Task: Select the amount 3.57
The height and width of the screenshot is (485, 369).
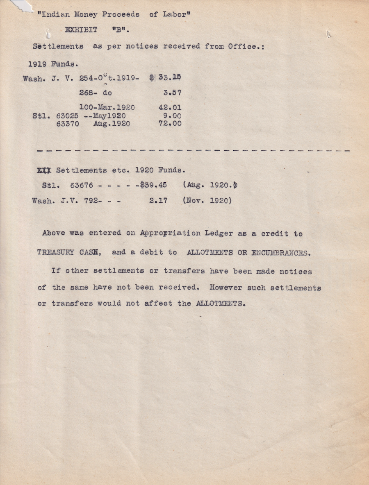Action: coord(172,93)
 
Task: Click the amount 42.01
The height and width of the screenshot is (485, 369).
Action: coord(170,108)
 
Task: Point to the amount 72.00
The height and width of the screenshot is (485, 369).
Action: coord(170,123)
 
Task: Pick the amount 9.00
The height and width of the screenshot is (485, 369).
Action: coord(172,116)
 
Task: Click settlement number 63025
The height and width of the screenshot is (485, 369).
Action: coord(67,116)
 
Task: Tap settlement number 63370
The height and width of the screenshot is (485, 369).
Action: coord(67,123)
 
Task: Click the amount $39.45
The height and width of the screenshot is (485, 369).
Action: coord(153,185)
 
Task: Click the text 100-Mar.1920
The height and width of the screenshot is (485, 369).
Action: coord(107,108)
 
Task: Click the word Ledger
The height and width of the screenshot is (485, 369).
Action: coord(218,233)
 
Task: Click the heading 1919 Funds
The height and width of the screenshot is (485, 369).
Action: coord(51,64)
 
